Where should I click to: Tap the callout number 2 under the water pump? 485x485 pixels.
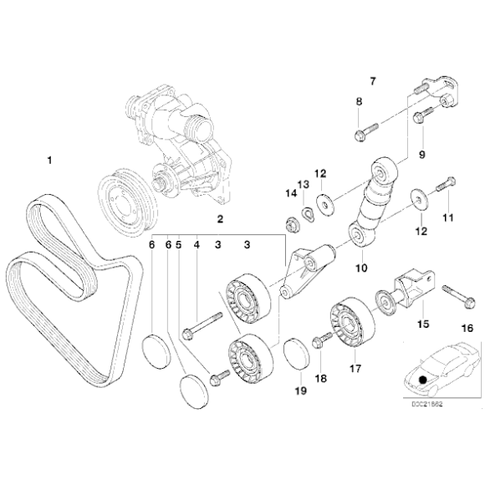[x=220, y=221]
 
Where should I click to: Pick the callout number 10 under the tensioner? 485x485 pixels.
[x=362, y=268]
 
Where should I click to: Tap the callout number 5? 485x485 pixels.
[x=178, y=245]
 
